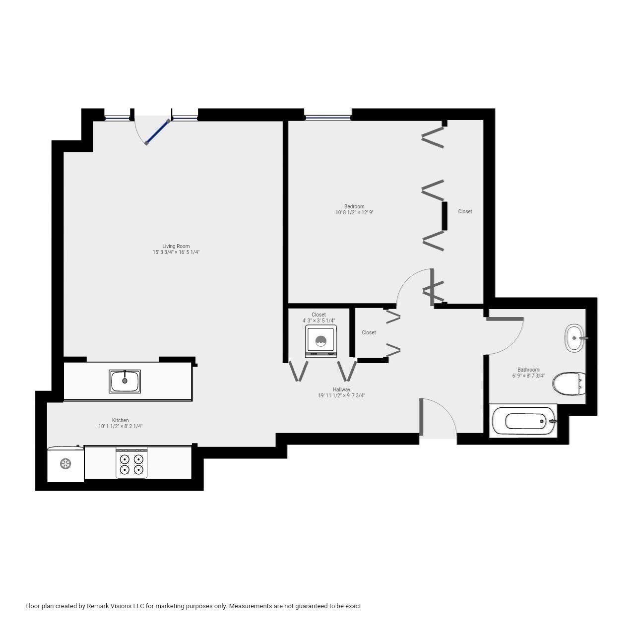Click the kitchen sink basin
coord(125,381)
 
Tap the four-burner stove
coord(131,463)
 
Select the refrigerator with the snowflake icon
coord(65,464)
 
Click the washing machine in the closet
coord(321,341)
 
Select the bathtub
coord(524,421)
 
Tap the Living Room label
coord(176,246)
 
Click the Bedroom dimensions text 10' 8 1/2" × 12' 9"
coord(354,213)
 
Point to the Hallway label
coord(341,389)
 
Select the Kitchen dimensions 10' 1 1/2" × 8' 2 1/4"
coord(121,426)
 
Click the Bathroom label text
coord(528,370)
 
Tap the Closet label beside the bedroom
coord(465,211)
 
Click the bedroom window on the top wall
coord(327,118)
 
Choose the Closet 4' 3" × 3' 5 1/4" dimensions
coord(318,320)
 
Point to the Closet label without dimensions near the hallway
coord(369,332)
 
